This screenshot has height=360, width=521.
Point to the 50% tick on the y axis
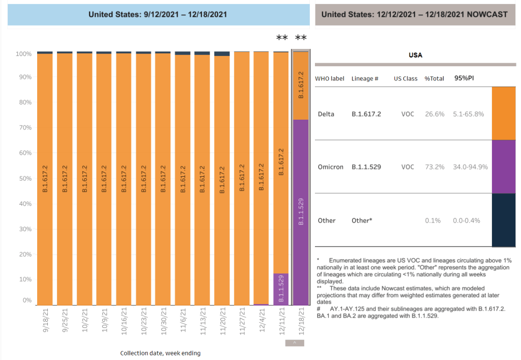click(25, 179)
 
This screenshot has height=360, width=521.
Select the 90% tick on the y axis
click(25, 77)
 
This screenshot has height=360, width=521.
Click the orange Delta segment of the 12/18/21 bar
click(300, 86)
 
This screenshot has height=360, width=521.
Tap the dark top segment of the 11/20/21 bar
click(222, 53)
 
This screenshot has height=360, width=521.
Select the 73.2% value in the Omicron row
click(434, 167)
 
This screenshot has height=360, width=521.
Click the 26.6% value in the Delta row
click(434, 114)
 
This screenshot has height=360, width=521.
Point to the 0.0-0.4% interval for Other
click(466, 220)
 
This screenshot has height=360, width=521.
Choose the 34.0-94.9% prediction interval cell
click(470, 167)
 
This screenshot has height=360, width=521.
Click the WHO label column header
click(330, 79)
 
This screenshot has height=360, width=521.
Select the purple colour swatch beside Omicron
click(503, 167)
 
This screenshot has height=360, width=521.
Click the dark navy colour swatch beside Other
click(503, 220)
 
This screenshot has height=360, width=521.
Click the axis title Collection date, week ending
click(160, 353)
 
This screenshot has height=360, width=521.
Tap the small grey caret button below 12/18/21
click(294, 343)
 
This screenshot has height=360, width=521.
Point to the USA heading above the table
click(415, 55)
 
